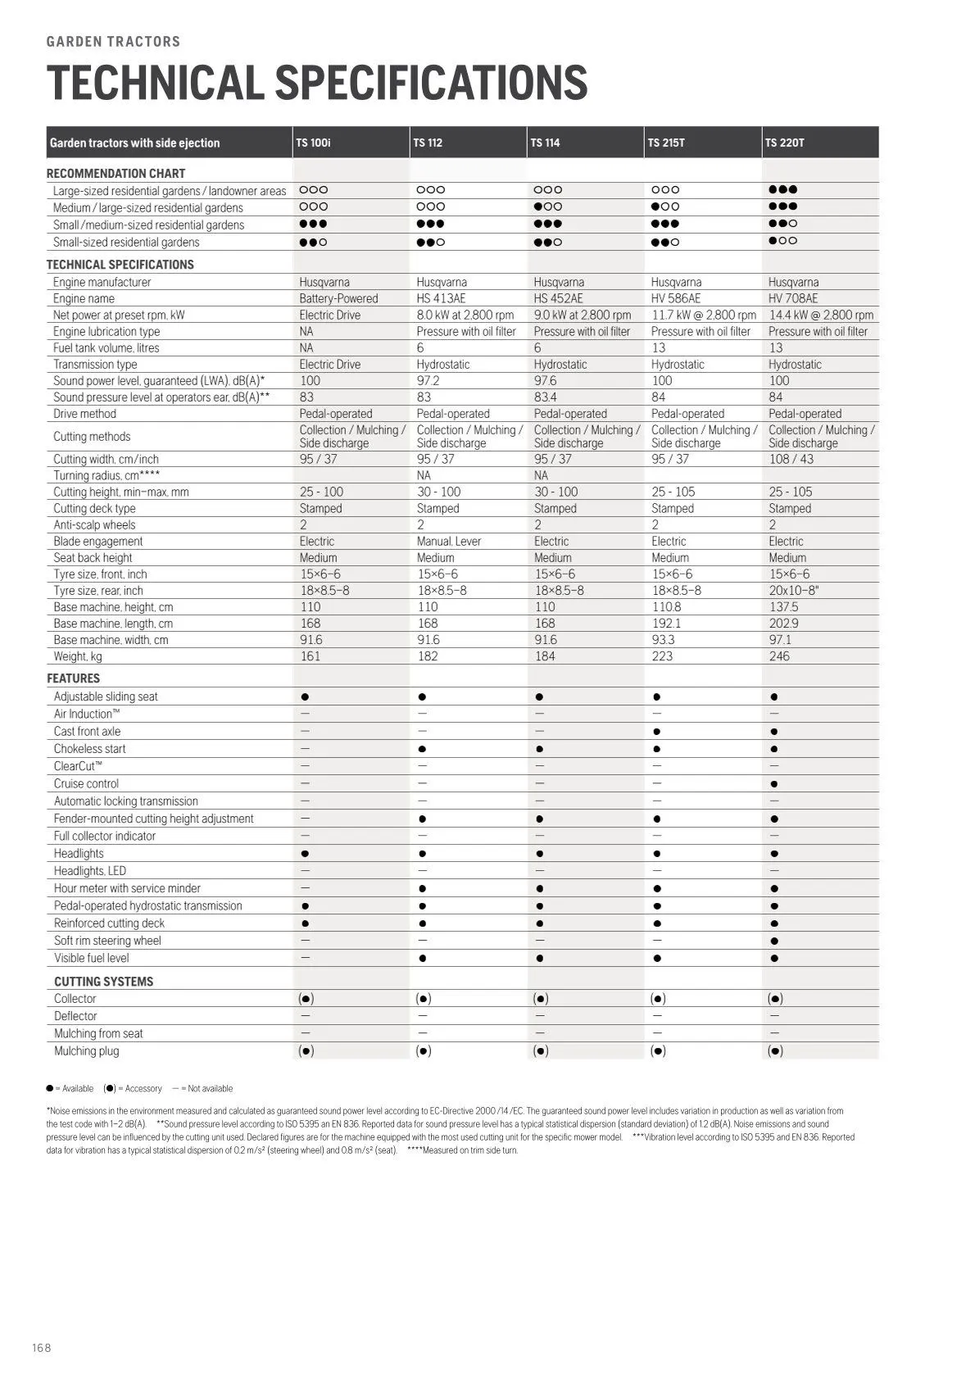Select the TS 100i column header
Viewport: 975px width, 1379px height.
[x=313, y=143]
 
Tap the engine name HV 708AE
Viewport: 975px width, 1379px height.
[x=792, y=298]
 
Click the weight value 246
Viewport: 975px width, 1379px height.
[x=779, y=656]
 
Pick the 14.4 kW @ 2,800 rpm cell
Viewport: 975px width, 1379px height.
[x=820, y=315]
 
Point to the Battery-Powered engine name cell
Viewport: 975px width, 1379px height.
[x=338, y=298]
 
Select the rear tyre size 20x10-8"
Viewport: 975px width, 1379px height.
[x=793, y=591]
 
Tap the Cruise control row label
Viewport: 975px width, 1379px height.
[x=86, y=784]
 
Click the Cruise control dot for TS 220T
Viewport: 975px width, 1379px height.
[x=774, y=784]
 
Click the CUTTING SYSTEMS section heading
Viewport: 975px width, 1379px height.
[x=103, y=982]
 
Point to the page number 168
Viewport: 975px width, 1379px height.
[x=41, y=1348]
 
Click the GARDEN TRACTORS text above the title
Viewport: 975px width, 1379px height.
[x=113, y=42]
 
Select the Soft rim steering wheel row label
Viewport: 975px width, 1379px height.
[x=107, y=941]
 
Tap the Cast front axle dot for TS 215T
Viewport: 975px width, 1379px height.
[x=657, y=732]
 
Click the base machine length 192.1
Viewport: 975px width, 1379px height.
[x=666, y=624]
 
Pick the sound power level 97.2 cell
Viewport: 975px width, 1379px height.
[x=428, y=381]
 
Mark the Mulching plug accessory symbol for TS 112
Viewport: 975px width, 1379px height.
[x=423, y=1051]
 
